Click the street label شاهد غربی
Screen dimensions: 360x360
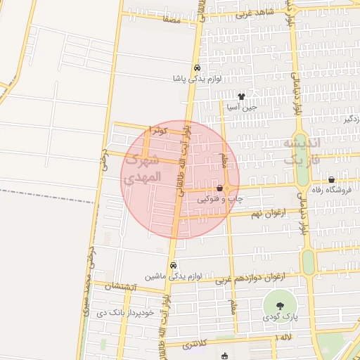coord(253,13)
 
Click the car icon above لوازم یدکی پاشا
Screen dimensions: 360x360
coord(198,68)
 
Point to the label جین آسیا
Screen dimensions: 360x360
coord(241,108)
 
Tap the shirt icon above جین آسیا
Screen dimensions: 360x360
coord(241,97)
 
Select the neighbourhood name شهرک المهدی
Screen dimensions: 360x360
coord(141,170)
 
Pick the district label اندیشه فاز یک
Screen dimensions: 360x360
coord(302,151)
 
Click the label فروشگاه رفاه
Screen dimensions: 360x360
coord(333,190)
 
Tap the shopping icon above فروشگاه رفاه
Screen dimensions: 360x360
coord(331,179)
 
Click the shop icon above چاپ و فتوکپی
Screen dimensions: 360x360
coord(220,188)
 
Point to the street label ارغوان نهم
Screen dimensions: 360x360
coord(268,212)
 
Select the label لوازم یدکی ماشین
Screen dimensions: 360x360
coord(174,276)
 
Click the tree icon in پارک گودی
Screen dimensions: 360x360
coord(280,306)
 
